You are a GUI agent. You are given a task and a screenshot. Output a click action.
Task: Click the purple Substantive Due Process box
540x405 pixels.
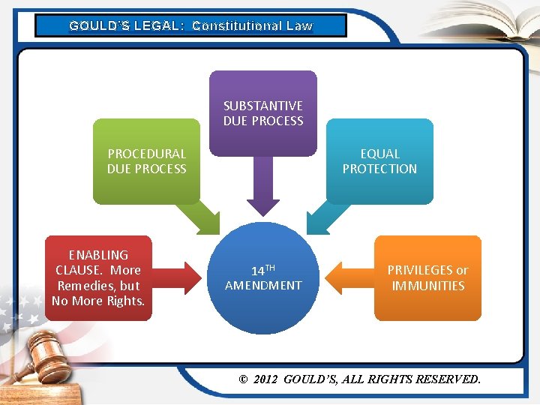(262, 112)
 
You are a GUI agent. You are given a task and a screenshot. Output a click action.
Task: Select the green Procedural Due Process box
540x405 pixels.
(146, 161)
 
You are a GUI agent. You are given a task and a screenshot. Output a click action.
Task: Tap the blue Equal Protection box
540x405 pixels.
(379, 161)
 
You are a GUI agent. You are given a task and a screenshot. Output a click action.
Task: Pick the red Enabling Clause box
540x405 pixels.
(98, 277)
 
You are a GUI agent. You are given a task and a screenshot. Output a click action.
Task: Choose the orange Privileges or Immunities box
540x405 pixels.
(427, 277)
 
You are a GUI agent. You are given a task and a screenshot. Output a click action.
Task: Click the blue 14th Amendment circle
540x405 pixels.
(262, 277)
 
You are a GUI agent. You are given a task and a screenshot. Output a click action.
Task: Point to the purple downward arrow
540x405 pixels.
(262, 187)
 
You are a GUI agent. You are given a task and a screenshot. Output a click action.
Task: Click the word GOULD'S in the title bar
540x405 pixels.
(98, 25)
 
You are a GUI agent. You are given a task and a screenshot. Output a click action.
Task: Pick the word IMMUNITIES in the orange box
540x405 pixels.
(427, 286)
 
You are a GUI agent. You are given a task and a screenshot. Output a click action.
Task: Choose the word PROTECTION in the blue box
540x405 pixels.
(379, 169)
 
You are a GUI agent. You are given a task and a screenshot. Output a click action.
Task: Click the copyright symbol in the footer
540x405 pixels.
(242, 379)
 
